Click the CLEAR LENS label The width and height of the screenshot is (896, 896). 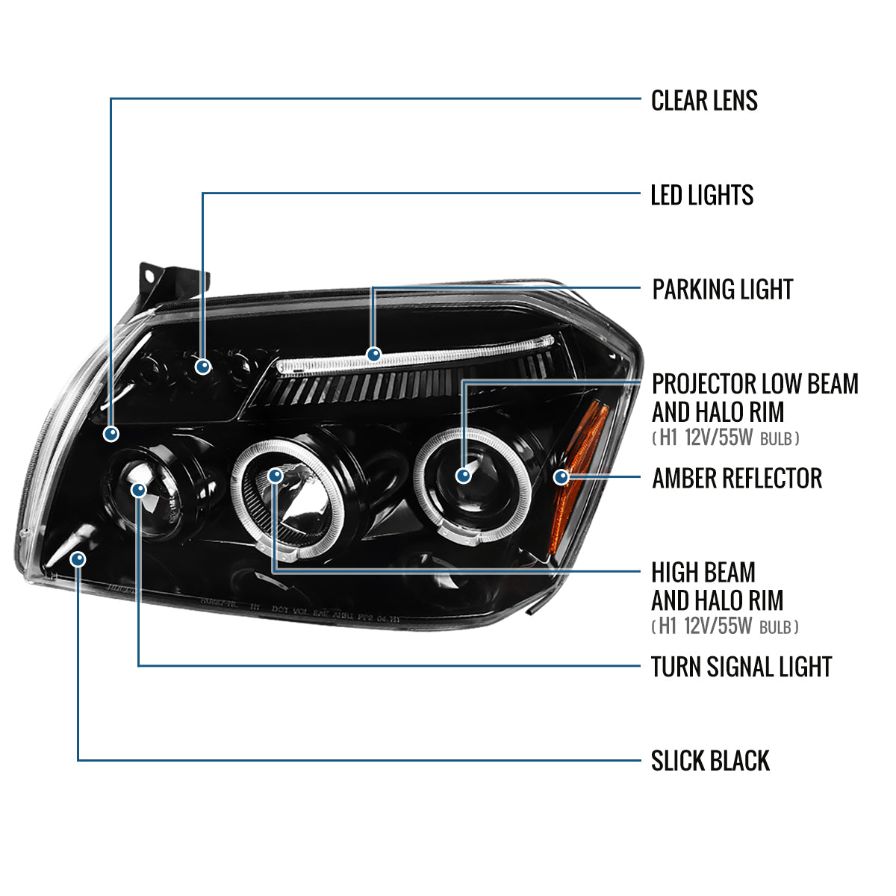(703, 101)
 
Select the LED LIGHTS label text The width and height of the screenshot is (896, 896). (702, 196)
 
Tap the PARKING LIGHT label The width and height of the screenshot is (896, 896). (722, 290)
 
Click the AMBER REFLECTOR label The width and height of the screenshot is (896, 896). (736, 479)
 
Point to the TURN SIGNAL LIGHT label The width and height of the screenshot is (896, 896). (741, 667)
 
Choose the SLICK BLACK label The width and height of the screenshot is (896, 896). (709, 761)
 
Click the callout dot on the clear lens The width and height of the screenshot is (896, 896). (111, 433)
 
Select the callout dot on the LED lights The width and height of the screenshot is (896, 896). (202, 366)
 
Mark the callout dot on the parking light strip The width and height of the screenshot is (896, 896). (373, 354)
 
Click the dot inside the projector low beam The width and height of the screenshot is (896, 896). (464, 475)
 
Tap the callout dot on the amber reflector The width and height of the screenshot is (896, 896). (561, 476)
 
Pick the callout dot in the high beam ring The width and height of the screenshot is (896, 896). (276, 475)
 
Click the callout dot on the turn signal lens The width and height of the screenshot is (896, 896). (139, 490)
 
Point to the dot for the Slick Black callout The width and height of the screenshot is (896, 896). (78, 559)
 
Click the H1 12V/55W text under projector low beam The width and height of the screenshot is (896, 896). (725, 438)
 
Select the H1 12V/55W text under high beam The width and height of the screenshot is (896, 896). (724, 626)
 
